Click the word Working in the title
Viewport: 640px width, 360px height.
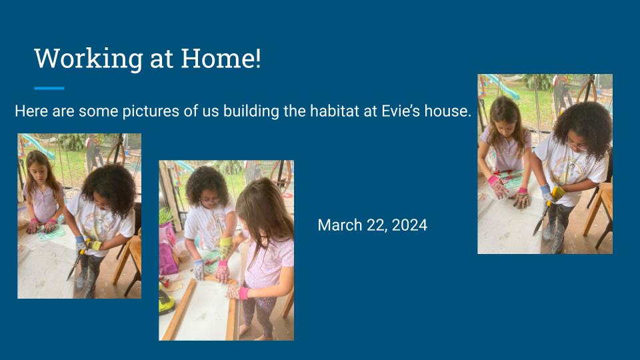[89, 59]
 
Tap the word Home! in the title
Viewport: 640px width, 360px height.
[221, 58]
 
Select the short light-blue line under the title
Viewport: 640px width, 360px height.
[49, 88]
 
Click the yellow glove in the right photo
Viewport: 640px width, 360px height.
[557, 193]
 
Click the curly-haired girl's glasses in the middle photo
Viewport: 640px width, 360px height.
[211, 201]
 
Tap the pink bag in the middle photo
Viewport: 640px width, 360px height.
[169, 249]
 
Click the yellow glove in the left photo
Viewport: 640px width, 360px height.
[95, 245]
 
